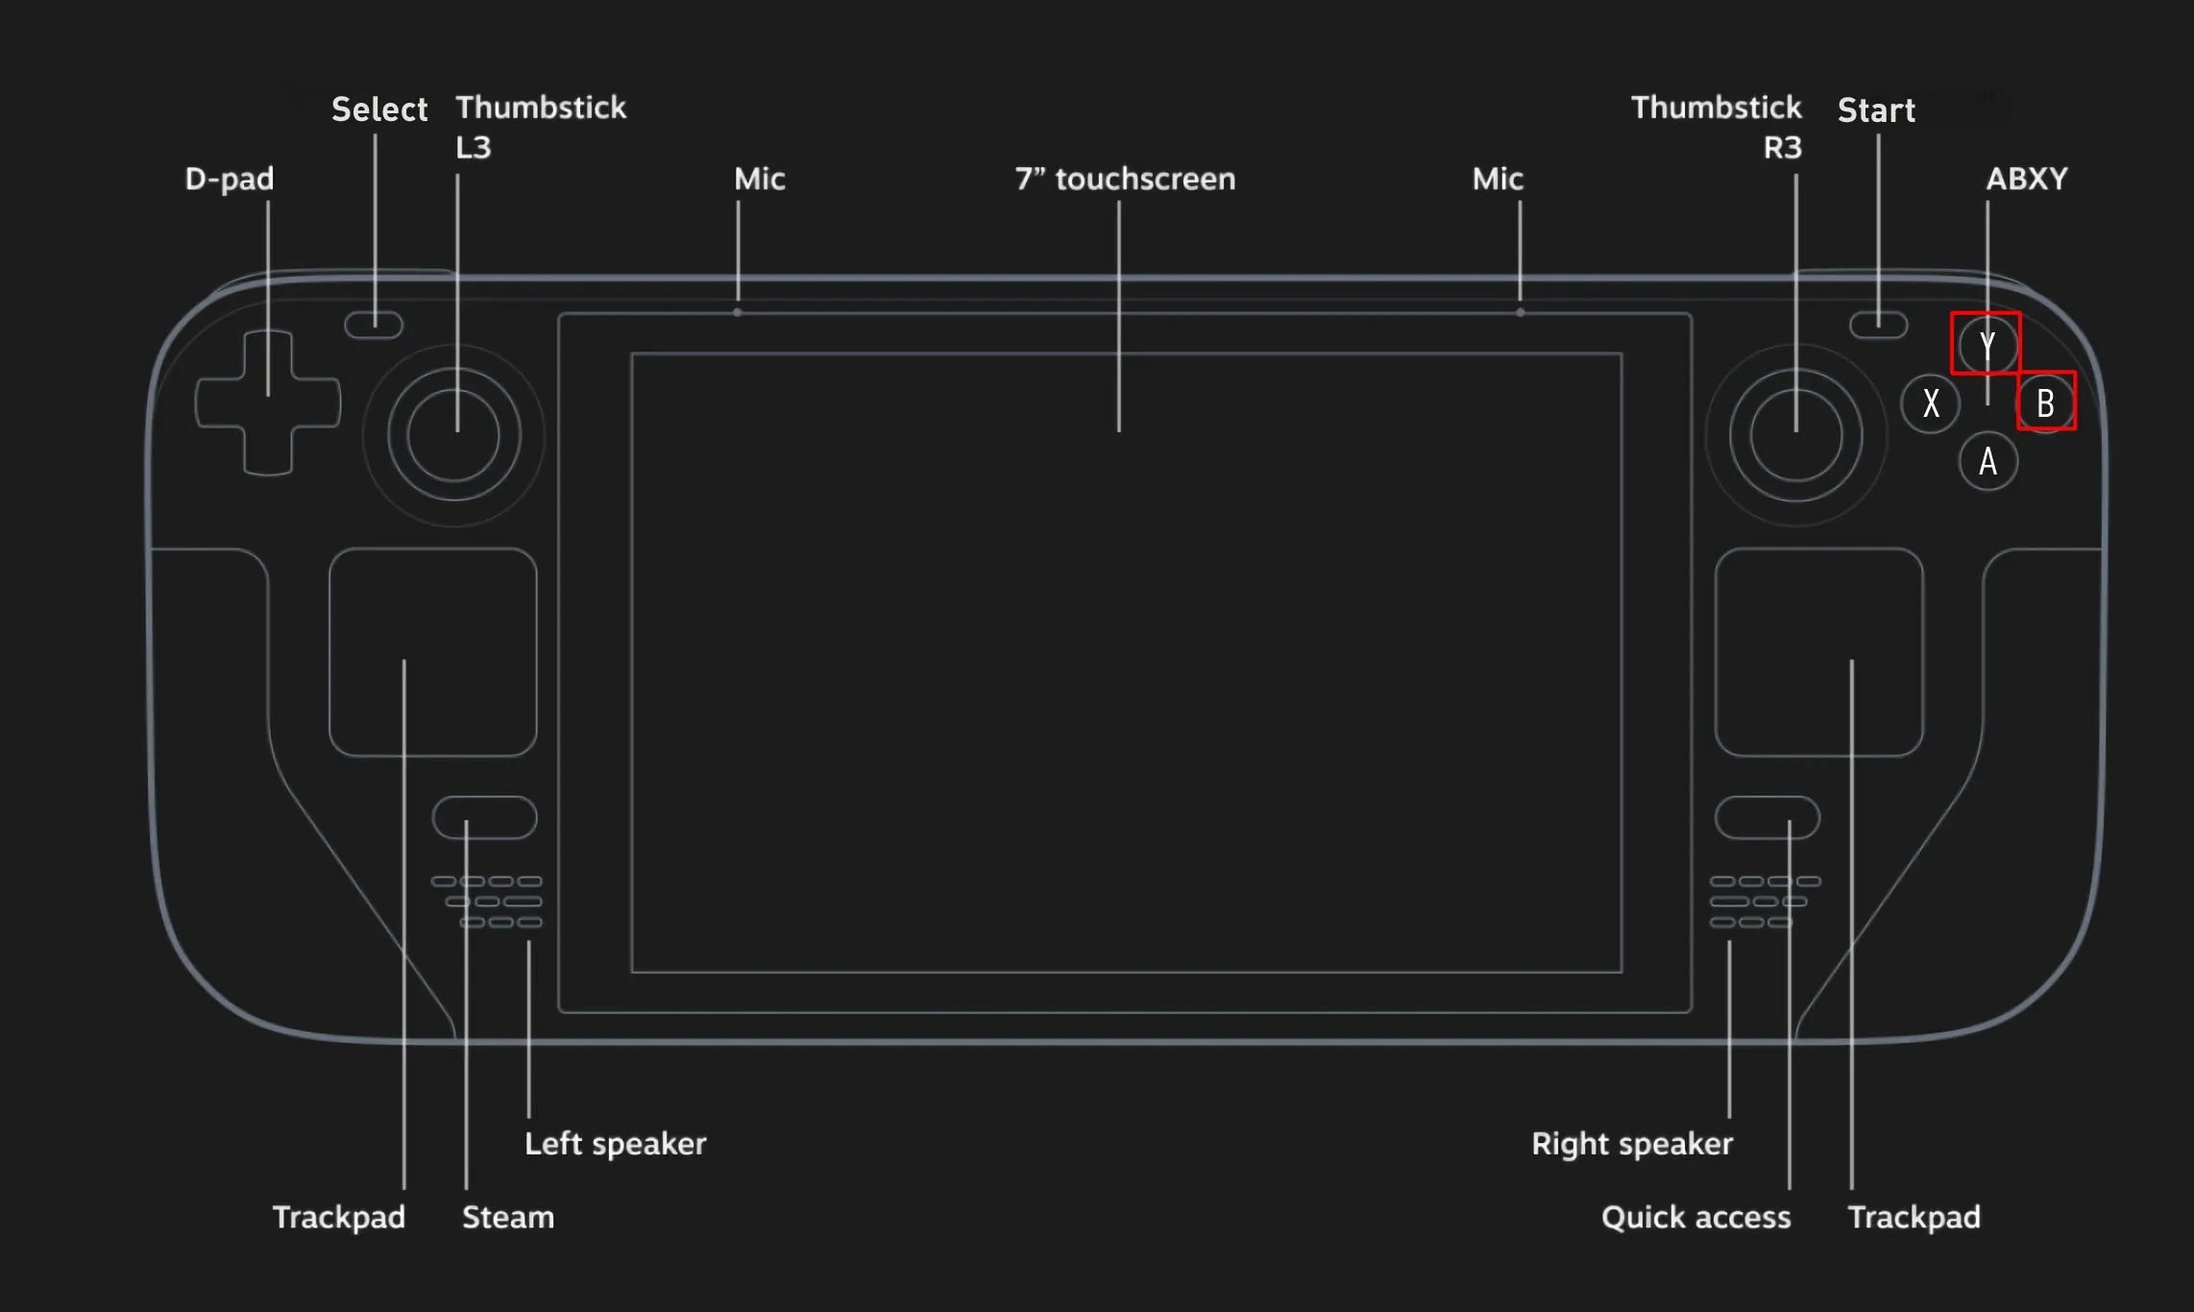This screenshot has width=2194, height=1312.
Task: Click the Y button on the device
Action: (x=1987, y=345)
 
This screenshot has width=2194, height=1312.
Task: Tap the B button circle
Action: (x=2045, y=402)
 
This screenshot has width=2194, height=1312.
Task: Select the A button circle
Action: (x=1987, y=461)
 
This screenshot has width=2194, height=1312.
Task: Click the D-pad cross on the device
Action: (x=268, y=402)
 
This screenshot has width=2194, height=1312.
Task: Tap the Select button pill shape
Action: (x=374, y=325)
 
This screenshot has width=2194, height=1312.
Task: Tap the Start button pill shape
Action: (x=1878, y=325)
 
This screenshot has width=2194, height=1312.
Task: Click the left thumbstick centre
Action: (x=453, y=435)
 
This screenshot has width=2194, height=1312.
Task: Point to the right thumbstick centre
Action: (x=1795, y=435)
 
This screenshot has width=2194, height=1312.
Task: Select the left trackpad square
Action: (x=432, y=652)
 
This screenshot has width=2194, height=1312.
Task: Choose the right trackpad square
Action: (x=1818, y=652)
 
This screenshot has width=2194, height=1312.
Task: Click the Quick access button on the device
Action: (x=1767, y=817)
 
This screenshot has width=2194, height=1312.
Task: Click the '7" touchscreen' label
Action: (x=1125, y=179)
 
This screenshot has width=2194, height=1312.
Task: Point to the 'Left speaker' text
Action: (x=615, y=1143)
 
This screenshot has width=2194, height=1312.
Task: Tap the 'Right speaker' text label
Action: (x=1631, y=1143)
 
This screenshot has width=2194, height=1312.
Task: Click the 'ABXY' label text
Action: (x=2026, y=179)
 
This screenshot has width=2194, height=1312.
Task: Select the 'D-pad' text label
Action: (x=229, y=179)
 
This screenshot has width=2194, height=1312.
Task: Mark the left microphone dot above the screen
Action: (x=737, y=312)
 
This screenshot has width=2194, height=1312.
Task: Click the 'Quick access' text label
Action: (x=1695, y=1217)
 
